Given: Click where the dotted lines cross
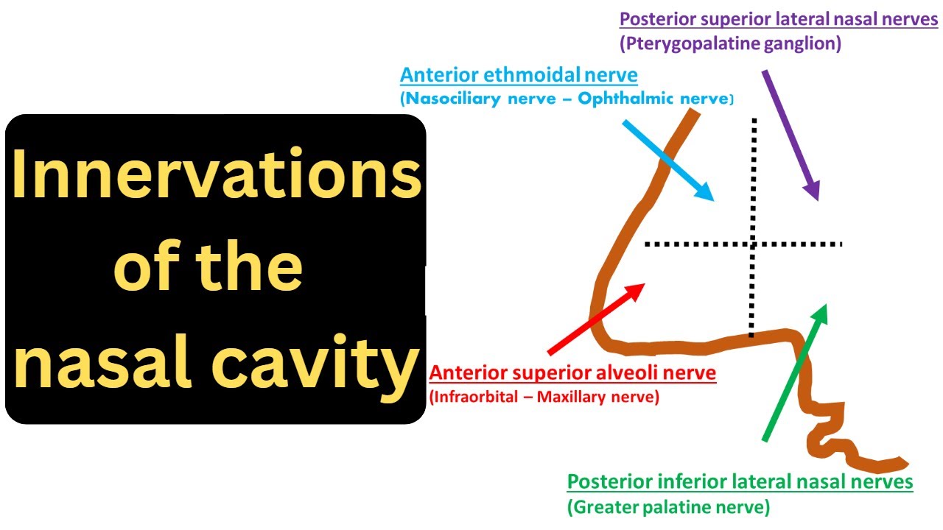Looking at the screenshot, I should click(x=752, y=244).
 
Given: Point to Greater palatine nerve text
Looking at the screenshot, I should click(x=669, y=507).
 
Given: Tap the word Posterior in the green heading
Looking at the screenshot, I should click(x=611, y=483).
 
